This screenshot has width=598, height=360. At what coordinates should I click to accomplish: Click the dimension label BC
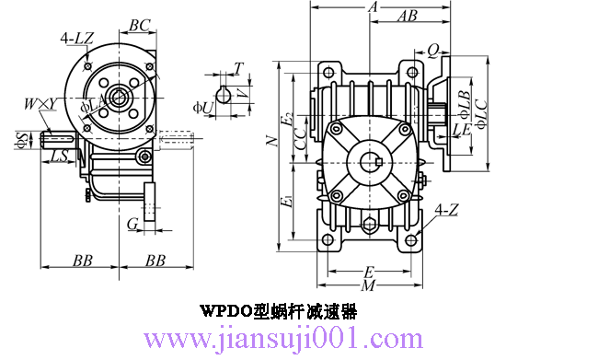point(140,25)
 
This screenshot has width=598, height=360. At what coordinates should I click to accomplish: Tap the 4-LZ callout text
point(77,38)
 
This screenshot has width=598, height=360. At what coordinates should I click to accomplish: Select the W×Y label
point(40,104)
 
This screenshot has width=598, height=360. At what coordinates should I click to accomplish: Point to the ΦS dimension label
point(21,140)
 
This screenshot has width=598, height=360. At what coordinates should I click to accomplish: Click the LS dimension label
point(59,156)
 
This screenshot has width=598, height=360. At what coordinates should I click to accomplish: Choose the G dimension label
point(132,224)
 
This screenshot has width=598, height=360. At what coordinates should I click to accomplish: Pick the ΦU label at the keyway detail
point(203,108)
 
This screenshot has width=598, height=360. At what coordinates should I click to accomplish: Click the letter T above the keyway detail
point(238,68)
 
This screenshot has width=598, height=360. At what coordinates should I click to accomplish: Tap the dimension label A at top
point(373,6)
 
